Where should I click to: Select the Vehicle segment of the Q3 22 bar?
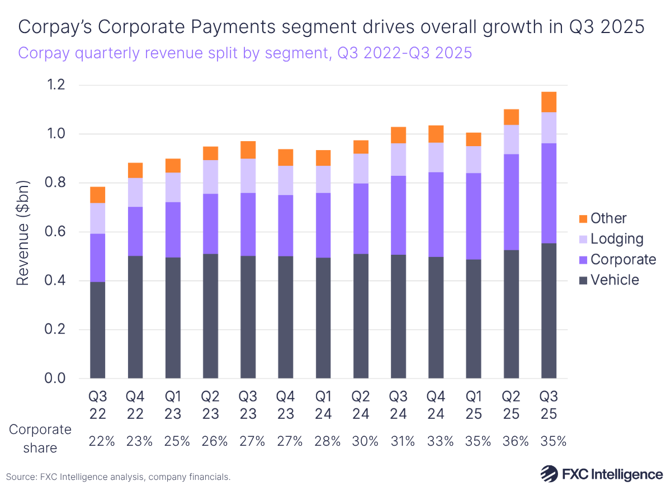[97, 330]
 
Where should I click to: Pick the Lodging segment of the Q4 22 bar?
[135, 192]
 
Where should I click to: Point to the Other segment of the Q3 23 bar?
[248, 150]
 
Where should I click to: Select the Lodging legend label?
[617, 239]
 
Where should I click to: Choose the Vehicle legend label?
[615, 279]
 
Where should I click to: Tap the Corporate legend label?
[623, 259]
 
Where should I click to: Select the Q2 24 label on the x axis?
[361, 405]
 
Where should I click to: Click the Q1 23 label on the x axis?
[173, 405]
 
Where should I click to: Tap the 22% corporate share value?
[102, 441]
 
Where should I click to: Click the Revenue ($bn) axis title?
[23, 232]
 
